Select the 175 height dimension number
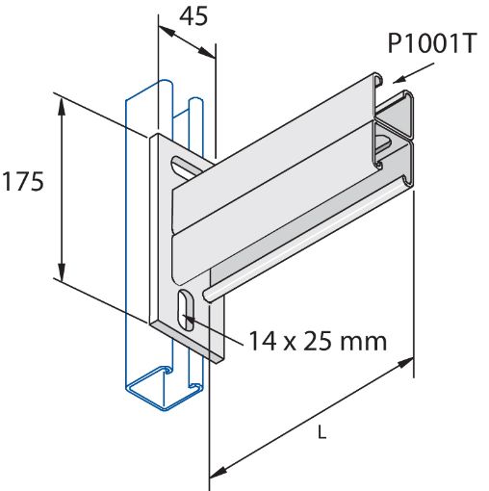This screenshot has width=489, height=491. tap(23, 182)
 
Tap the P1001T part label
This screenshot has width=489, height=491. tap(430, 44)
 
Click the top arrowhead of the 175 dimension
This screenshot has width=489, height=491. tap(64, 102)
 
